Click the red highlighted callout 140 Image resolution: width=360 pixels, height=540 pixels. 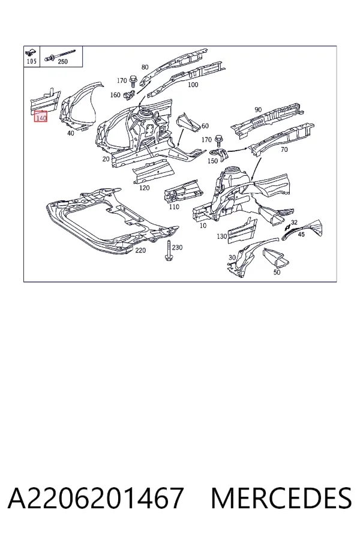click(x=41, y=118)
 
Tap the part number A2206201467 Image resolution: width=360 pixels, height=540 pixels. click(x=95, y=498)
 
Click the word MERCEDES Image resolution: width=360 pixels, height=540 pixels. click(x=281, y=498)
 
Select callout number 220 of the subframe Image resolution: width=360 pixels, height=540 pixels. click(x=140, y=250)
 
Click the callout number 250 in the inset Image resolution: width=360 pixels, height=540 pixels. click(x=62, y=62)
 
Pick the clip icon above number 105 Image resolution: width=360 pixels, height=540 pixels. click(x=31, y=53)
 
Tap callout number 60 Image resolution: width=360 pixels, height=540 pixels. click(x=205, y=126)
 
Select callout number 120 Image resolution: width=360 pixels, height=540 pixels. click(x=145, y=188)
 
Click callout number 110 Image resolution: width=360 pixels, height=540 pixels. click(x=174, y=206)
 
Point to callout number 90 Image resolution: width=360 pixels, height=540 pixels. click(x=258, y=110)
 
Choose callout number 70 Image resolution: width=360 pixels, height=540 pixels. click(x=284, y=149)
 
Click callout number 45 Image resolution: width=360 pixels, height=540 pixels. click(x=301, y=235)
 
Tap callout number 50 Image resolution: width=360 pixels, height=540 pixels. click(x=277, y=272)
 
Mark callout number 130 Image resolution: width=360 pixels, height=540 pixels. click(x=222, y=236)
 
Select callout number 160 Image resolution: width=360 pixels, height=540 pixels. click(x=115, y=95)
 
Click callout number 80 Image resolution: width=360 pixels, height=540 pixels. click(x=145, y=67)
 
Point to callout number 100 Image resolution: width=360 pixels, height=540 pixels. click(x=193, y=85)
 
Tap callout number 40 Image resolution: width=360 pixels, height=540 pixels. click(x=70, y=133)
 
